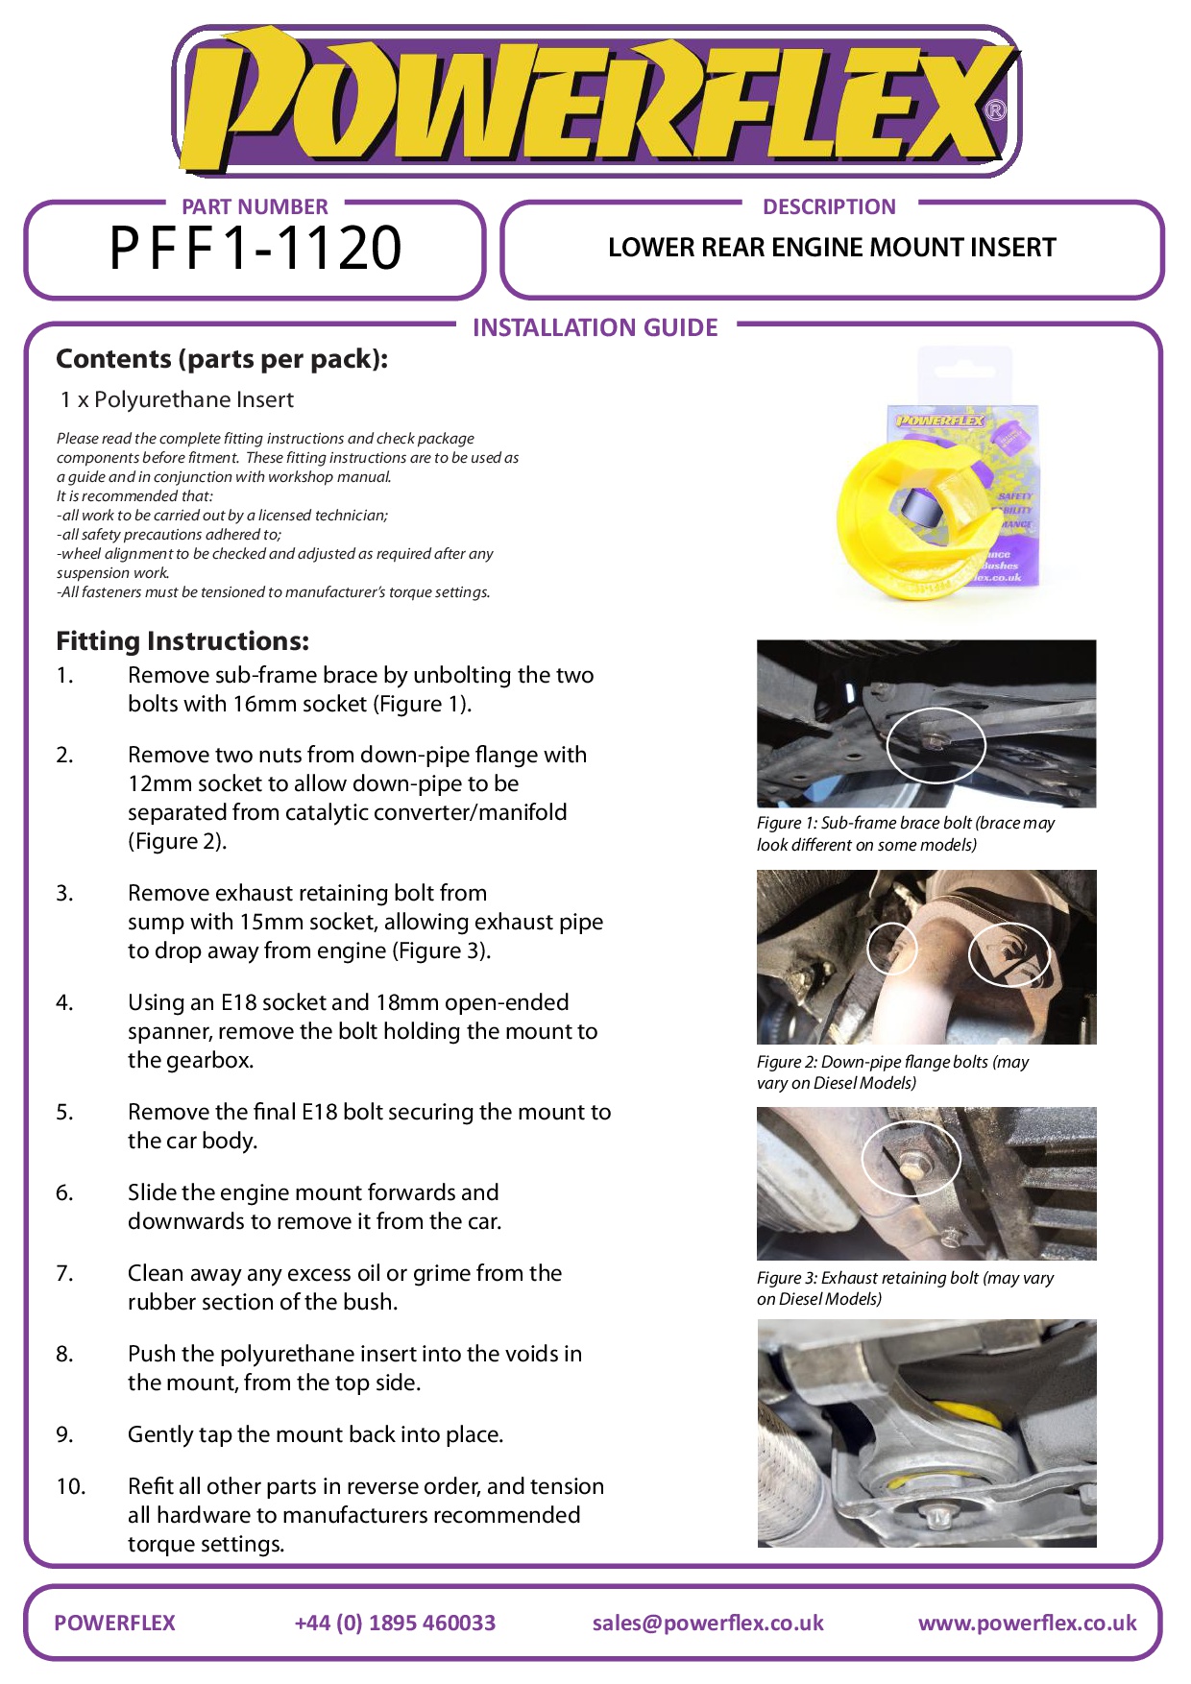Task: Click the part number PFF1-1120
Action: pos(255,249)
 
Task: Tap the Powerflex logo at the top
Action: pos(595,102)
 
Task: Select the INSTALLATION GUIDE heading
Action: pos(595,328)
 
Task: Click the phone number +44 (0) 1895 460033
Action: pos(395,1623)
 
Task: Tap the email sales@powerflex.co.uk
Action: pos(708,1623)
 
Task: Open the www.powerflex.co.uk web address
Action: pos(1027,1623)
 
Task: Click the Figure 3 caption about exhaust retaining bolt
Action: pos(905,1288)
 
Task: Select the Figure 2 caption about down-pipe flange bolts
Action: pos(892,1072)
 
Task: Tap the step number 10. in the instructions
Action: pos(71,1486)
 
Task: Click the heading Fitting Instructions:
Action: pos(182,641)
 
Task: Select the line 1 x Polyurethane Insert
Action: pos(177,400)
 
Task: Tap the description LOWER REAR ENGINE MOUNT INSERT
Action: pos(832,248)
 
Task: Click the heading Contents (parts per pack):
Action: pos(222,359)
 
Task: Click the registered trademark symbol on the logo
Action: pos(996,110)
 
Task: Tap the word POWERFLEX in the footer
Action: pos(114,1623)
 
